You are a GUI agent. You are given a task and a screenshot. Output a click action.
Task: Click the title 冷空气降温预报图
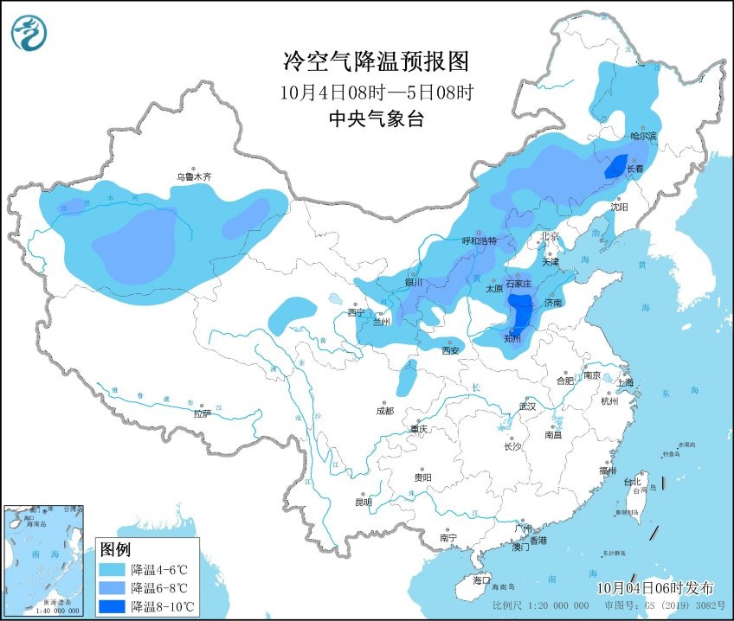(376, 61)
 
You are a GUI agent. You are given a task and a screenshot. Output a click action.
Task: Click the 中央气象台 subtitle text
(376, 119)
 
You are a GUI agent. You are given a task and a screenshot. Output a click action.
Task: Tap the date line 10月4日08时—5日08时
(376, 91)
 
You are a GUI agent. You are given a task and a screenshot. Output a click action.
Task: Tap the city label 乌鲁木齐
(194, 176)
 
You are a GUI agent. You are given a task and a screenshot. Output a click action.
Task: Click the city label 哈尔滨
(644, 136)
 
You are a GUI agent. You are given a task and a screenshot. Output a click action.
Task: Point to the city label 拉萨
(202, 413)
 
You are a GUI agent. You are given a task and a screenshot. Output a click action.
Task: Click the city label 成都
(385, 411)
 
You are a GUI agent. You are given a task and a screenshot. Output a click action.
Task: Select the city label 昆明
(363, 502)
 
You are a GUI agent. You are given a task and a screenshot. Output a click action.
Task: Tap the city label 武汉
(528, 406)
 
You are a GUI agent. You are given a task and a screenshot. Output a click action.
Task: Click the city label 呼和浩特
(480, 241)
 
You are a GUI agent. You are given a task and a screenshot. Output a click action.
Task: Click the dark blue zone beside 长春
(615, 165)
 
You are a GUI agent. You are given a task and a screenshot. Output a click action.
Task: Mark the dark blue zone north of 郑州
(519, 310)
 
